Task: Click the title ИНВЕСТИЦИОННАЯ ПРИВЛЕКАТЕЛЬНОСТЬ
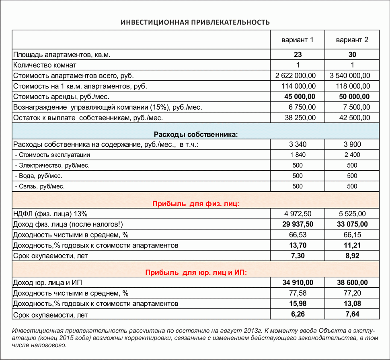pyautogui.click(x=195, y=22)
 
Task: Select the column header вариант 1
pyautogui.click(x=297, y=40)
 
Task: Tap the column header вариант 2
pyautogui.click(x=352, y=40)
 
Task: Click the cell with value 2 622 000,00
pyautogui.click(x=296, y=76)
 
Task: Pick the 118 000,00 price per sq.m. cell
pyautogui.click(x=353, y=86)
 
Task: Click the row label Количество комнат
pyautogui.click(x=45, y=65)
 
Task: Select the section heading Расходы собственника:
pyautogui.click(x=196, y=134)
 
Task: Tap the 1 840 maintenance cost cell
pyautogui.click(x=298, y=155)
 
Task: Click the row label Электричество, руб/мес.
pyautogui.click(x=52, y=165)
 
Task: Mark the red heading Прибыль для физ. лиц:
pyautogui.click(x=196, y=204)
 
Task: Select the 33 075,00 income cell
pyautogui.click(x=352, y=224)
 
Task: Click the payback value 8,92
pyautogui.click(x=352, y=256)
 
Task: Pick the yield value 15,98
pyautogui.click(x=298, y=303)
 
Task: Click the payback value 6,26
pyautogui.click(x=298, y=314)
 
